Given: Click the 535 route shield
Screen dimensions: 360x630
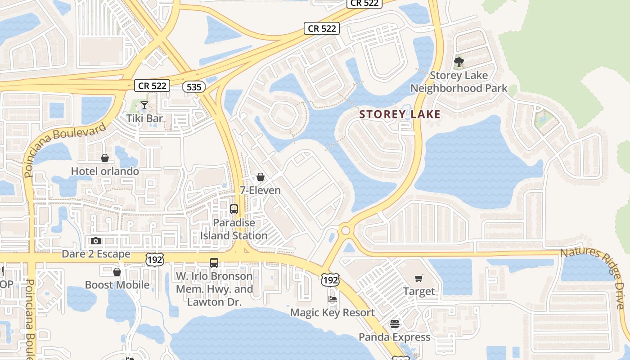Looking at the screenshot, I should [194, 87].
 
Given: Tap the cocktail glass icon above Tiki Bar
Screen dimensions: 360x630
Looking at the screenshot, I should [144, 106].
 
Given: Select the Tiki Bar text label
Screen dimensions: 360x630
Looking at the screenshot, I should [144, 118].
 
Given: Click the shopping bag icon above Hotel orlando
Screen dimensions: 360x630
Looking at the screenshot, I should [105, 158].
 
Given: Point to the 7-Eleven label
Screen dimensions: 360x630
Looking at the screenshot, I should [260, 190].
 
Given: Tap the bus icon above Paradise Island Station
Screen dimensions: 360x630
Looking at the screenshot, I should [234, 209].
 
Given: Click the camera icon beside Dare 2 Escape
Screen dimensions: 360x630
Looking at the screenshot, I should [96, 241].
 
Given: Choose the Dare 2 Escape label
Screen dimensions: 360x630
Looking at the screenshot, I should [96, 254].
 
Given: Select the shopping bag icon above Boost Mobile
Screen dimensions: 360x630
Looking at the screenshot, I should [117, 272].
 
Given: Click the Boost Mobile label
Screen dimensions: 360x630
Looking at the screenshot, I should [117, 285].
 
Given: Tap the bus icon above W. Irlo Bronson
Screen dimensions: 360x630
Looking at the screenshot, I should [214, 263].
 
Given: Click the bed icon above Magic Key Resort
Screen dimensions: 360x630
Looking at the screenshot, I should [332, 299].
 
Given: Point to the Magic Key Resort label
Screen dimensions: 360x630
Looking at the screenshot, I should [332, 312].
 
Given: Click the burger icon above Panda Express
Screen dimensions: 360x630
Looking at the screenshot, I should [395, 324].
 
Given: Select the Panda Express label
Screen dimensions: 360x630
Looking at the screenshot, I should [395, 337].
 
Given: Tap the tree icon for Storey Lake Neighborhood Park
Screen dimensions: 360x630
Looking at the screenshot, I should [459, 62].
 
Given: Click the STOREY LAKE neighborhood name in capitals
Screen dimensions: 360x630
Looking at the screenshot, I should [400, 114].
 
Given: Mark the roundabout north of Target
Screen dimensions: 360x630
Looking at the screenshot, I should [346, 230].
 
